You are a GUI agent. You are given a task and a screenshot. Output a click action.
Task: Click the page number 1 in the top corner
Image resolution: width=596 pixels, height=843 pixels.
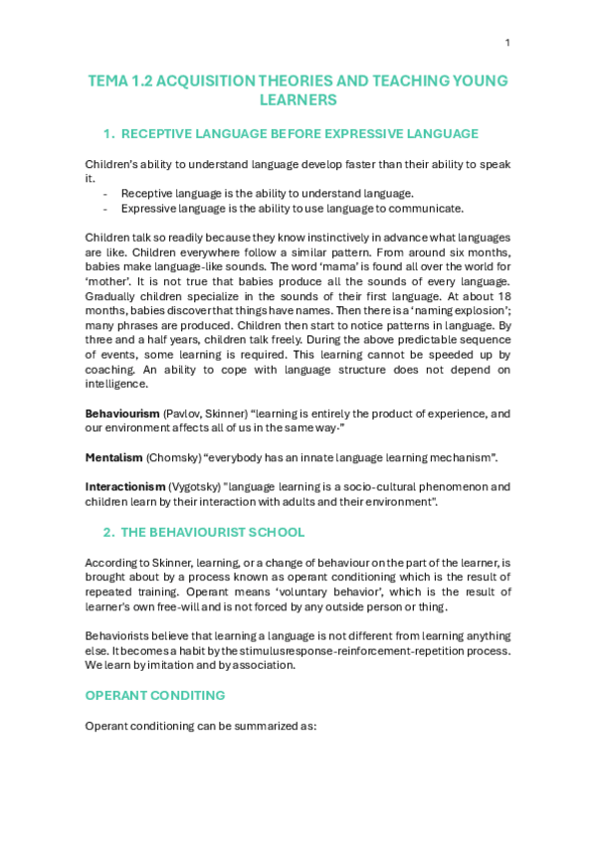[507, 43]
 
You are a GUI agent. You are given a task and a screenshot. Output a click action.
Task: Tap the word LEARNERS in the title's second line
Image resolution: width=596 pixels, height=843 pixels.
[298, 99]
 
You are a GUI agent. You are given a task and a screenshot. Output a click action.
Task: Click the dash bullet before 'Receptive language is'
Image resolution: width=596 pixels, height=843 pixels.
[104, 193]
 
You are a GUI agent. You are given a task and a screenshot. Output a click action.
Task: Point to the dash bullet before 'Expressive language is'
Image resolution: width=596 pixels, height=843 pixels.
[104, 208]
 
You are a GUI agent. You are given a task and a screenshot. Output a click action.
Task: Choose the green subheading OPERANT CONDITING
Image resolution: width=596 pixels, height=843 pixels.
[154, 695]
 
